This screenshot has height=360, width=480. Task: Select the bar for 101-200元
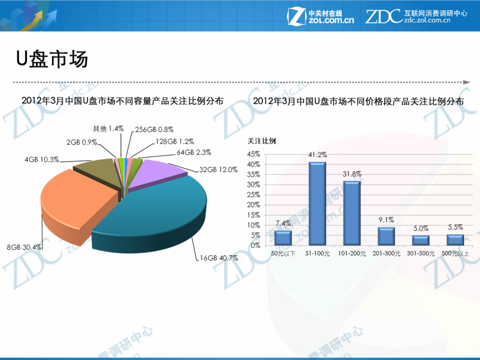coord(352,213)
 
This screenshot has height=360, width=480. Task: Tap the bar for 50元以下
coord(283,238)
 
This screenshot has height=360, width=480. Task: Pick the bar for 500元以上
coord(455,239)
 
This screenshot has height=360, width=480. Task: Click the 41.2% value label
coord(317,154)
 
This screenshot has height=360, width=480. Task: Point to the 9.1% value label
coord(386,220)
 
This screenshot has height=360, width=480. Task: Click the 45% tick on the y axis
coord(254,154)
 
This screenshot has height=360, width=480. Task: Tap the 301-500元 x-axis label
coord(421,253)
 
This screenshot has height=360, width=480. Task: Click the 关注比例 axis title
coord(261,141)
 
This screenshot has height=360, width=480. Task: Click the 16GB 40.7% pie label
coord(218,258)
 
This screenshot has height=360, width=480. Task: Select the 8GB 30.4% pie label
coord(24,247)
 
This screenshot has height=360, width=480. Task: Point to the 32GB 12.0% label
coord(218,170)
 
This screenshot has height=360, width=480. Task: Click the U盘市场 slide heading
coord(52,59)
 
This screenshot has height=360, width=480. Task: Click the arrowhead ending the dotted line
coord(466,82)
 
